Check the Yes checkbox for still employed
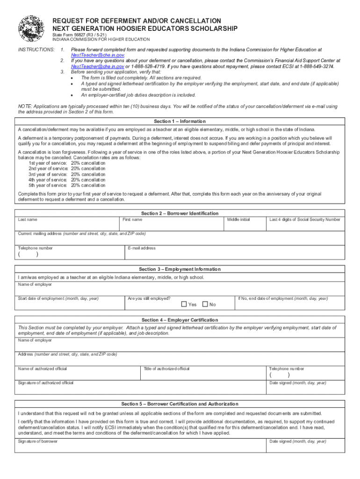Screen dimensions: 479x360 pos(184,305)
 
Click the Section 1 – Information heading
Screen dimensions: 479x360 pos(180,121)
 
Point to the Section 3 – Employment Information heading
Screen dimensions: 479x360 pos(180,269)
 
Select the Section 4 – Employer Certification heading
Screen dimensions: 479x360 pos(180,320)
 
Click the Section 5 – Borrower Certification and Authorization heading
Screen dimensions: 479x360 pos(180,404)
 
